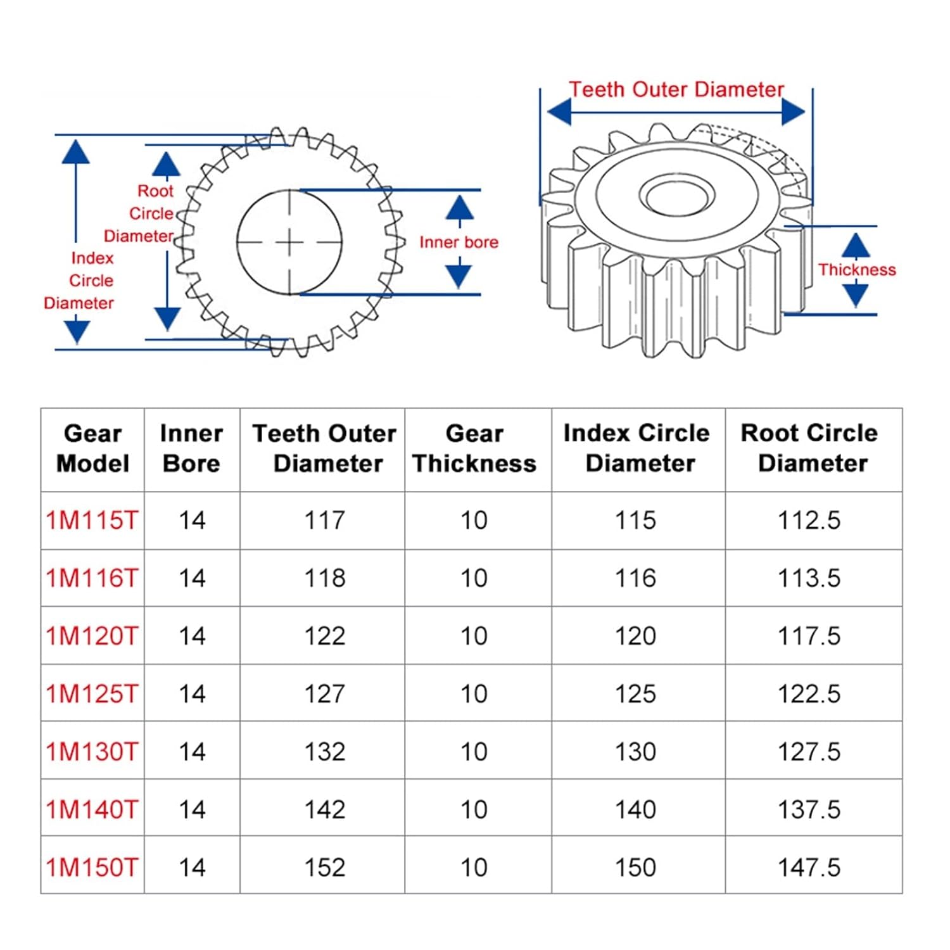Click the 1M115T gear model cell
pyautogui.click(x=92, y=521)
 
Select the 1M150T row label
pyautogui.click(x=92, y=867)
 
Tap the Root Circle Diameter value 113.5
pyautogui.click(x=809, y=578)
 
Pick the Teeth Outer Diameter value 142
pyautogui.click(x=324, y=809)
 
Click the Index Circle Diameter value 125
pyautogui.click(x=635, y=694)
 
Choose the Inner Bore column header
pyautogui.click(x=191, y=448)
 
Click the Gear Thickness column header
pyautogui.click(x=474, y=448)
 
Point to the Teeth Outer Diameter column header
pyautogui.click(x=325, y=448)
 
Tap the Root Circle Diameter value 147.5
pyautogui.click(x=809, y=867)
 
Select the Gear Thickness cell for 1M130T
pyautogui.click(x=474, y=752)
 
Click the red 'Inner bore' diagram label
pyautogui.click(x=459, y=242)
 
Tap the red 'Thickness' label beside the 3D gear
pyautogui.click(x=856, y=270)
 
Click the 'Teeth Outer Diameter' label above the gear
pyautogui.click(x=676, y=89)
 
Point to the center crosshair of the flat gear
pyautogui.click(x=289, y=242)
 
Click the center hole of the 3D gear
pyautogui.click(x=677, y=195)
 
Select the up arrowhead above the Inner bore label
pyautogui.click(x=459, y=208)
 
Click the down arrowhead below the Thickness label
pyautogui.click(x=856, y=294)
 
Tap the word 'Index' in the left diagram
pyautogui.click(x=92, y=258)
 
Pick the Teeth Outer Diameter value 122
pyautogui.click(x=324, y=636)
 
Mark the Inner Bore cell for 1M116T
pyautogui.click(x=192, y=578)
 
